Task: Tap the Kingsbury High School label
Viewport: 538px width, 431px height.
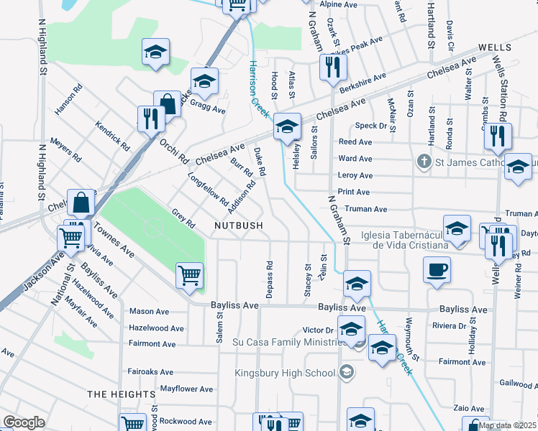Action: (286, 373)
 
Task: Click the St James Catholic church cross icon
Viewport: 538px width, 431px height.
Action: (425, 162)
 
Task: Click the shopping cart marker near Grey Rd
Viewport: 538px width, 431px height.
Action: (189, 275)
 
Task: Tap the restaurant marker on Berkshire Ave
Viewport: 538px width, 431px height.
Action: (333, 69)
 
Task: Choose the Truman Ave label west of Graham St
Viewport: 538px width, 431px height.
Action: (366, 209)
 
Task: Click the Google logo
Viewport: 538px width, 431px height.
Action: (24, 422)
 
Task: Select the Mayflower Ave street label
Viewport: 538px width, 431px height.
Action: (186, 389)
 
